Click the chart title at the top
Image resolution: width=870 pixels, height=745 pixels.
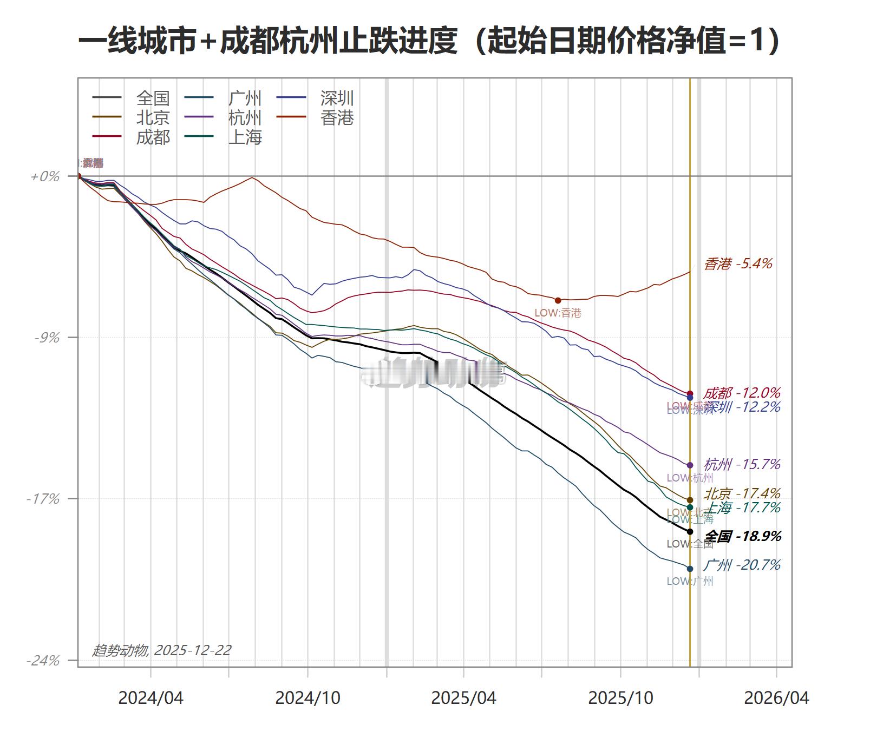click(429, 41)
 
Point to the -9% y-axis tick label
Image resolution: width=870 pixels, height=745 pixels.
click(47, 338)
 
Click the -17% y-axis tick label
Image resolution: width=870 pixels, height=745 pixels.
click(43, 499)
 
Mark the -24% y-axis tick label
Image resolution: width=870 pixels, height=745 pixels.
click(43, 661)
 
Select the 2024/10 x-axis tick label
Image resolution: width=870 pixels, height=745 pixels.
click(308, 697)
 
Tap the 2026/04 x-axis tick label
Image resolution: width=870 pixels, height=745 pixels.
click(776, 697)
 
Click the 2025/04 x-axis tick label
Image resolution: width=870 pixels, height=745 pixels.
click(463, 697)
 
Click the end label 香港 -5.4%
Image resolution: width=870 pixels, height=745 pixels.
click(738, 263)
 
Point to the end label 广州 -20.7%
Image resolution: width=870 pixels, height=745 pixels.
click(742, 565)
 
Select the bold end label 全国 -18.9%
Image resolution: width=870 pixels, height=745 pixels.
click(742, 536)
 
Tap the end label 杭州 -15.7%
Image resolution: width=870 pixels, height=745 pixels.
click(742, 464)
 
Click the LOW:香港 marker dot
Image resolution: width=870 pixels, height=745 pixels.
click(558, 300)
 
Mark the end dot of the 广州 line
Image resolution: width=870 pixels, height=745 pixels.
click(690, 569)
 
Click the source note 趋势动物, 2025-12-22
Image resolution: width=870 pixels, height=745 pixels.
click(162, 650)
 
